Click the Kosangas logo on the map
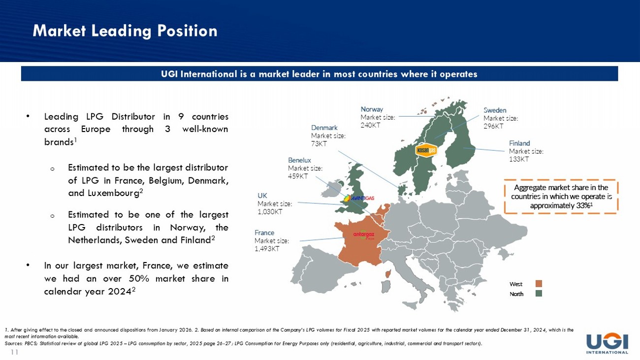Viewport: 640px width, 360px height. click(426, 151)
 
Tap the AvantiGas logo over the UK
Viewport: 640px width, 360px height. click(359, 198)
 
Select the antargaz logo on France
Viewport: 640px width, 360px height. click(364, 234)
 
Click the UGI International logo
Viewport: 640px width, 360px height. click(607, 344)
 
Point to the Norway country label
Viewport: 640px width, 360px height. click(372, 109)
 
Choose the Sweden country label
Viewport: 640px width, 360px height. click(495, 110)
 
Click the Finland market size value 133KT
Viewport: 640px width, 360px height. click(519, 159)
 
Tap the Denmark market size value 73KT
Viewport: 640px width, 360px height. click(319, 144)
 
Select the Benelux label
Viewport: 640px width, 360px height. click(299, 160)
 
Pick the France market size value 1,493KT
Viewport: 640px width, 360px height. click(267, 249)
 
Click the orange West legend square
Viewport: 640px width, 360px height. click(539, 284)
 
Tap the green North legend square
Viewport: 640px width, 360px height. click(539, 294)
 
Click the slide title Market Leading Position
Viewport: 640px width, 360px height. click(125, 31)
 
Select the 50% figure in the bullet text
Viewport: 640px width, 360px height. click(139, 279)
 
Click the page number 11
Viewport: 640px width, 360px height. click(15, 352)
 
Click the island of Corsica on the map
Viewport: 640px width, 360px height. click(388, 274)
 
